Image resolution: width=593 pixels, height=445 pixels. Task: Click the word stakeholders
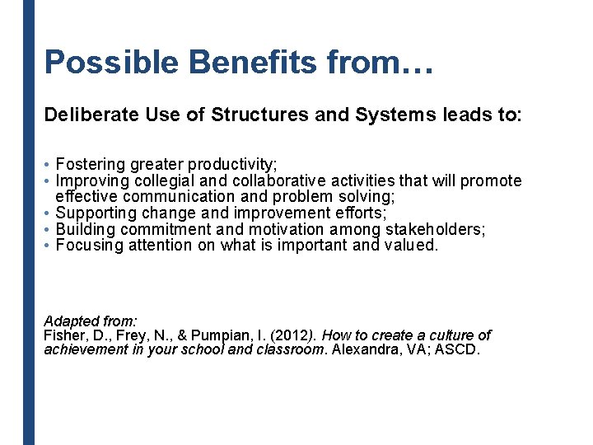[433, 229]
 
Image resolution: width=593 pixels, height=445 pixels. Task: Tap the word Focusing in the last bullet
[90, 245]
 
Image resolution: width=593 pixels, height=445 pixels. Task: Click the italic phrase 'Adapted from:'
[91, 321]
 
